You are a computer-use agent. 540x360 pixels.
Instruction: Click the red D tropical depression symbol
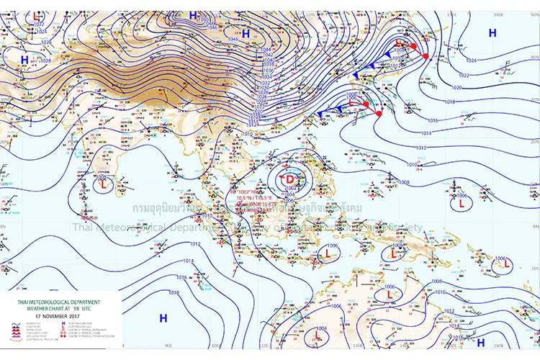pyautogui.click(x=289, y=179)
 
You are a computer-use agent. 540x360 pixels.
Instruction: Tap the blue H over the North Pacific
pyautogui.click(x=492, y=33)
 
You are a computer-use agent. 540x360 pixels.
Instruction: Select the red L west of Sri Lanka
pyautogui.click(x=105, y=185)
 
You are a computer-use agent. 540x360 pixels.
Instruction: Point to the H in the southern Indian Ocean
pyautogui.click(x=163, y=318)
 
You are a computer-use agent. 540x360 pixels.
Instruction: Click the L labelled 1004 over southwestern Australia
pyautogui.click(x=316, y=336)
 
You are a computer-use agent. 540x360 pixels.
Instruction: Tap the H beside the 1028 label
pyautogui.click(x=25, y=60)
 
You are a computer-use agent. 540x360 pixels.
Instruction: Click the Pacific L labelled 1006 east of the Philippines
pyautogui.click(x=461, y=204)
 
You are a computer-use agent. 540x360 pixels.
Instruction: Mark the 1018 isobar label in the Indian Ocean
pyautogui.click(x=174, y=292)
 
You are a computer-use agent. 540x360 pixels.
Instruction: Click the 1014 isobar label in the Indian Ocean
pyautogui.click(x=188, y=261)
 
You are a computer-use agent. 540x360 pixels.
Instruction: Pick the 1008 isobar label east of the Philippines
pyautogui.click(x=404, y=182)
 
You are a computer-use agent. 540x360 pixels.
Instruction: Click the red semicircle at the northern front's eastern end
pyautogui.click(x=426, y=56)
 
